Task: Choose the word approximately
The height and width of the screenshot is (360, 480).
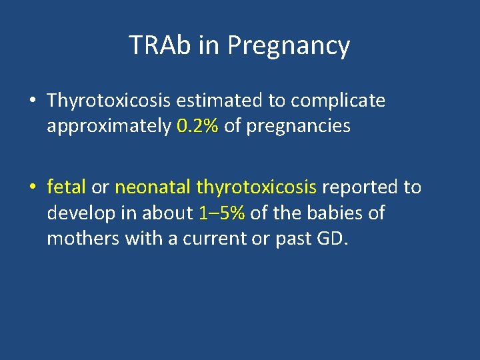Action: tap(109, 126)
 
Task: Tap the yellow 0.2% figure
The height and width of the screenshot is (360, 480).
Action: tap(198, 126)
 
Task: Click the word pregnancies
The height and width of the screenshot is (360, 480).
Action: tap(298, 126)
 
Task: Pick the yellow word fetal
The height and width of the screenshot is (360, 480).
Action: tap(66, 187)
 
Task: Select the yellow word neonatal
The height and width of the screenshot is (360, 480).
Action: tap(153, 187)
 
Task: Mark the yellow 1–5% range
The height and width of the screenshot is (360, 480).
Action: tap(222, 213)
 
